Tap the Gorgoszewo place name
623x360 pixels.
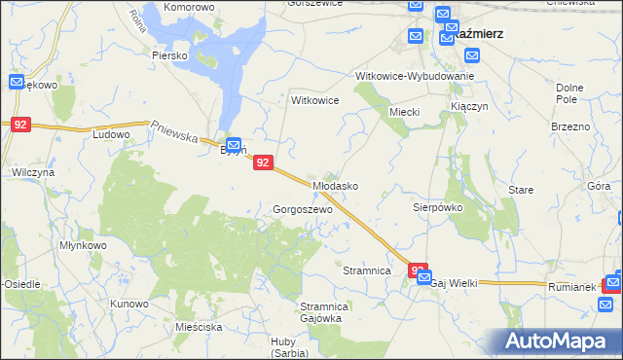[x=303, y=209]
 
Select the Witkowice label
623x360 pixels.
[x=315, y=100]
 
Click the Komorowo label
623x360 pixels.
[x=189, y=7]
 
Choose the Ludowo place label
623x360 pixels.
[x=110, y=134]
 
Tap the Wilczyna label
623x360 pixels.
[x=32, y=171]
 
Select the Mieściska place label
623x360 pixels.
[x=201, y=328]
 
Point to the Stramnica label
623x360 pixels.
[x=367, y=270]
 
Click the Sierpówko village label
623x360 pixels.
[x=437, y=207]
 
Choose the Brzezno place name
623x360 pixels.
[x=570, y=126]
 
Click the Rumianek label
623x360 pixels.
[x=570, y=287]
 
